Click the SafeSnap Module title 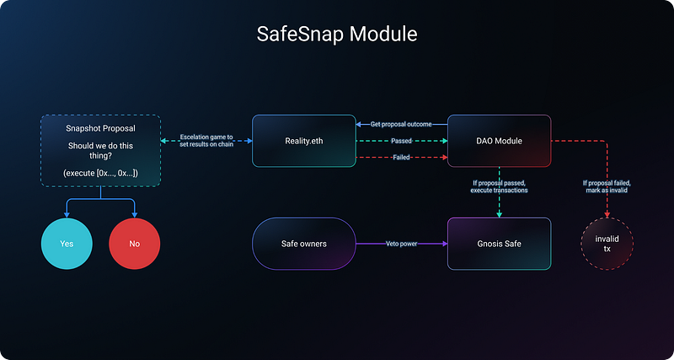(x=336, y=35)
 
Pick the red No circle (x=135, y=244)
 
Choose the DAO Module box (x=499, y=141)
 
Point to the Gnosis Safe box (x=499, y=244)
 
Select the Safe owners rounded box (x=304, y=244)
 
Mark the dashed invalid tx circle (x=607, y=244)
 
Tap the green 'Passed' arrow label (x=401, y=141)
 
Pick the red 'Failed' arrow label (x=401, y=158)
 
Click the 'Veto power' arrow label (x=400, y=244)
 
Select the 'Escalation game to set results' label (x=206, y=141)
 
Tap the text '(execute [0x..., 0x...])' (x=101, y=173)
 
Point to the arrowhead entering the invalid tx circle (x=607, y=216)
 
